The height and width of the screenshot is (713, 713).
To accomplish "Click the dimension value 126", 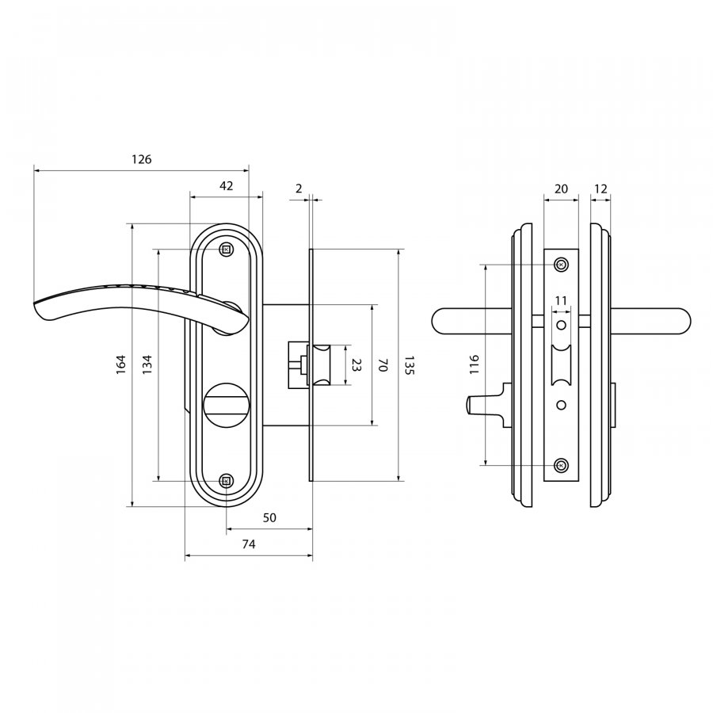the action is click(142, 159).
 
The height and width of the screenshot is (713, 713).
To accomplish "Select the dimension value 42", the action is click(226, 185).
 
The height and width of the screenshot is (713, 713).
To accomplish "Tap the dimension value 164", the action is click(120, 364).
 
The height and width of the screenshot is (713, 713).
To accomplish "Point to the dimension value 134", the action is click(147, 364).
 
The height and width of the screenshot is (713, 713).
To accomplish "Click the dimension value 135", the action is click(409, 365).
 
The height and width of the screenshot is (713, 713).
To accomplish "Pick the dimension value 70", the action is click(383, 365).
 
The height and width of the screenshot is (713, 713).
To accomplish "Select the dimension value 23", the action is click(356, 365).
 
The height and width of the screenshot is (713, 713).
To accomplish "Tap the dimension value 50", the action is click(269, 517).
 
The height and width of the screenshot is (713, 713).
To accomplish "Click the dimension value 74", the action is click(248, 543).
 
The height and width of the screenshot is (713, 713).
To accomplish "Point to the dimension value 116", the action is click(475, 364).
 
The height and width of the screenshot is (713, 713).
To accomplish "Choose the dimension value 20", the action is click(562, 189).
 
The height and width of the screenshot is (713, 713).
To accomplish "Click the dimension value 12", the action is click(601, 189).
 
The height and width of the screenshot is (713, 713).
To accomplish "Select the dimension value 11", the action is click(561, 300).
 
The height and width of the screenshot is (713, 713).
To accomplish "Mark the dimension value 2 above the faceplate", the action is click(299, 189).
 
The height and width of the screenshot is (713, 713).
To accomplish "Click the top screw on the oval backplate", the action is click(226, 250).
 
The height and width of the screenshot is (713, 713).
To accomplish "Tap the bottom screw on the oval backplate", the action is click(226, 481).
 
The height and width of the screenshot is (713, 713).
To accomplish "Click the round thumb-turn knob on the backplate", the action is click(226, 403).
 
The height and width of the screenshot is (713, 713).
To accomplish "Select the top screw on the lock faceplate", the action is click(562, 264).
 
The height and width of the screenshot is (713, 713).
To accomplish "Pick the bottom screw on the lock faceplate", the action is click(562, 465).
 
